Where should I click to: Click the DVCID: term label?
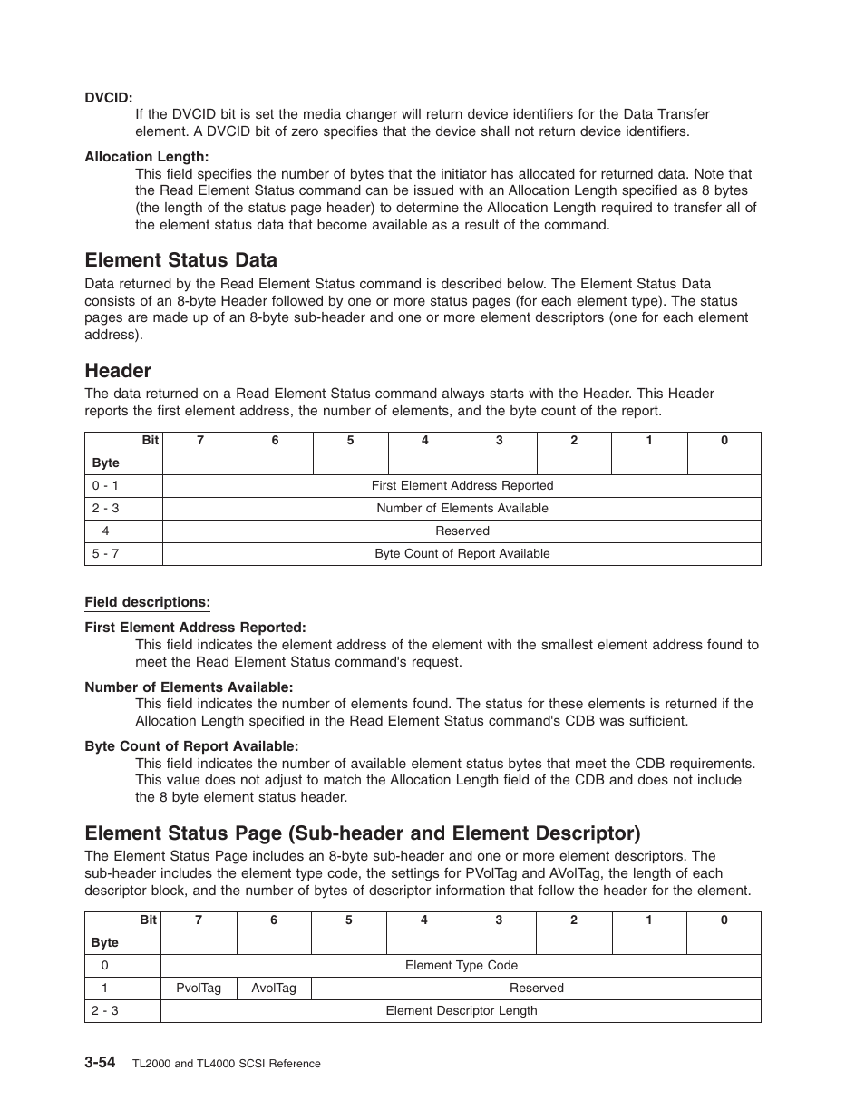109,97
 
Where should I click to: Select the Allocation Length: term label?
146,157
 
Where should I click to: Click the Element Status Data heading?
180,260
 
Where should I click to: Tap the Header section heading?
118,371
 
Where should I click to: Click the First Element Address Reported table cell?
462,485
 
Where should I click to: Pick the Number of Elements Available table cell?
462,508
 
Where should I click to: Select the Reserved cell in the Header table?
462,531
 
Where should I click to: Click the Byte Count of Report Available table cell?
462,553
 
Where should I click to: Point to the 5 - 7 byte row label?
105,553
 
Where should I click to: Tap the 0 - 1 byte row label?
105,485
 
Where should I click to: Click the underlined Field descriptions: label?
147,602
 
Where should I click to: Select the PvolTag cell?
199,988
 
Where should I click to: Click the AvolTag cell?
273,988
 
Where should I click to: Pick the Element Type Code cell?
461,965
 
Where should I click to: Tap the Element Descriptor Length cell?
461,1010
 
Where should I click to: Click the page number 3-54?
100,1062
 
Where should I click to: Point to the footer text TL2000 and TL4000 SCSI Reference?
227,1064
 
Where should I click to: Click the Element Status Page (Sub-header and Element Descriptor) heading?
362,833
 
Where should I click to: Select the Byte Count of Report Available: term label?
191,746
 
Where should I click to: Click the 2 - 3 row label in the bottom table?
105,1010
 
